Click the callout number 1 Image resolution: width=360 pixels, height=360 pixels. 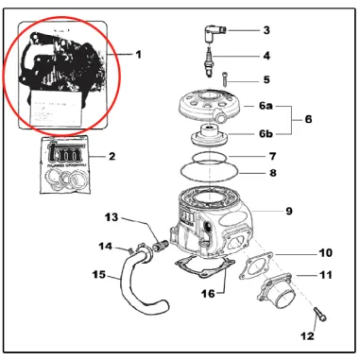(x=137, y=55)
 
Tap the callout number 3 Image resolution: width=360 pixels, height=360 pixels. (x=266, y=30)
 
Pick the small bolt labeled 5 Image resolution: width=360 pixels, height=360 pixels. (x=227, y=79)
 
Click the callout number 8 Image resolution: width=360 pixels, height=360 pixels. (x=272, y=173)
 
